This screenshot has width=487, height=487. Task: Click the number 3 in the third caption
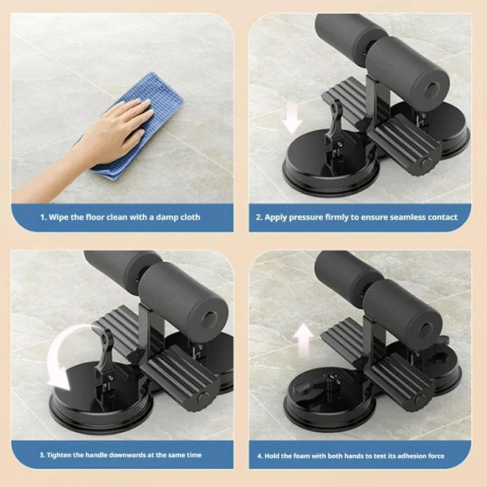42,455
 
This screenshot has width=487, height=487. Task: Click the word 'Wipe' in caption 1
60,217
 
